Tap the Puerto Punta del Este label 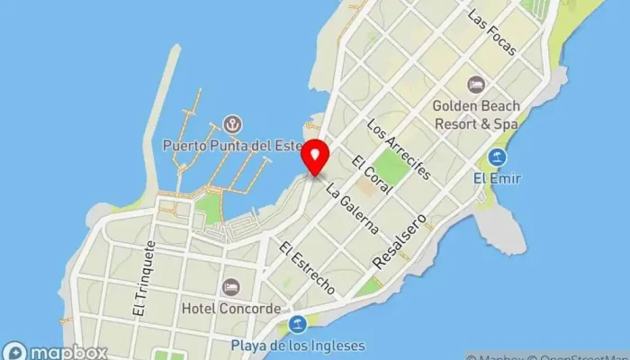[x=231, y=145]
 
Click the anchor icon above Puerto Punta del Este [x=231, y=123]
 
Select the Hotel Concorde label [x=230, y=309]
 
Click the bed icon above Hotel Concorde [x=231, y=287]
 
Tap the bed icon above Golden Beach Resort [x=475, y=85]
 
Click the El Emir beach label [x=497, y=178]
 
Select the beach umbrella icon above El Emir [x=497, y=157]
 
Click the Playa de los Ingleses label [x=298, y=345]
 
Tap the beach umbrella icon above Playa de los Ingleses [x=298, y=324]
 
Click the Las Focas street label [x=491, y=33]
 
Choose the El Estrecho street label [x=307, y=269]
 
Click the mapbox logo [x=56, y=352]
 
